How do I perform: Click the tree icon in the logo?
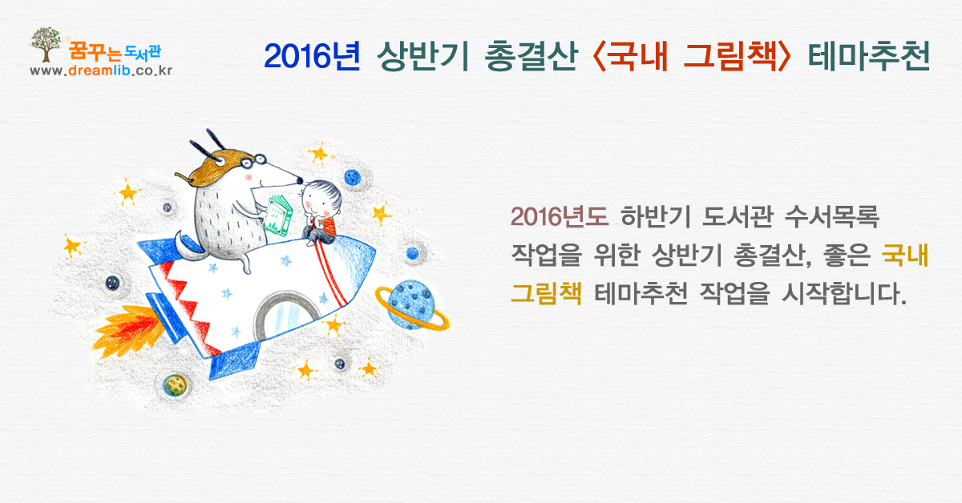click(45, 44)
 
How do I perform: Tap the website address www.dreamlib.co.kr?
click(101, 70)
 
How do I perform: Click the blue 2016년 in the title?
click(312, 56)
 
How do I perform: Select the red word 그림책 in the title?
click(730, 56)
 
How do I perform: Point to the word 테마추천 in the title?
click(869, 56)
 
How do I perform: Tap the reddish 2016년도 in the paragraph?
click(560, 216)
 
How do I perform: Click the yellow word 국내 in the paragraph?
click(904, 255)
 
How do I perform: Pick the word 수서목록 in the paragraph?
click(832, 216)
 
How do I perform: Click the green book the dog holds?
click(278, 215)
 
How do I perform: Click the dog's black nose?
click(300, 181)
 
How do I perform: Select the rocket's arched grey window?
click(287, 316)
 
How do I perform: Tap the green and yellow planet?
click(176, 385)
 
